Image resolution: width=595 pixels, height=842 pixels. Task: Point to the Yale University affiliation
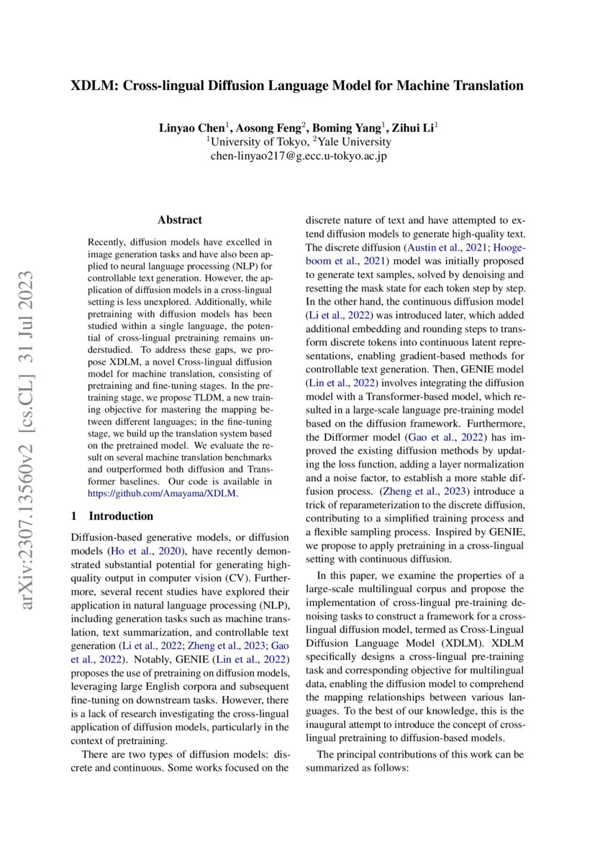click(355, 142)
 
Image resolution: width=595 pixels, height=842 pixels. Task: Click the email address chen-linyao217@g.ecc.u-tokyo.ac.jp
click(298, 156)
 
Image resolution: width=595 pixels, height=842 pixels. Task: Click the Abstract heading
click(180, 220)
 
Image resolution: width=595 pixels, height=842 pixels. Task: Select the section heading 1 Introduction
click(112, 516)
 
